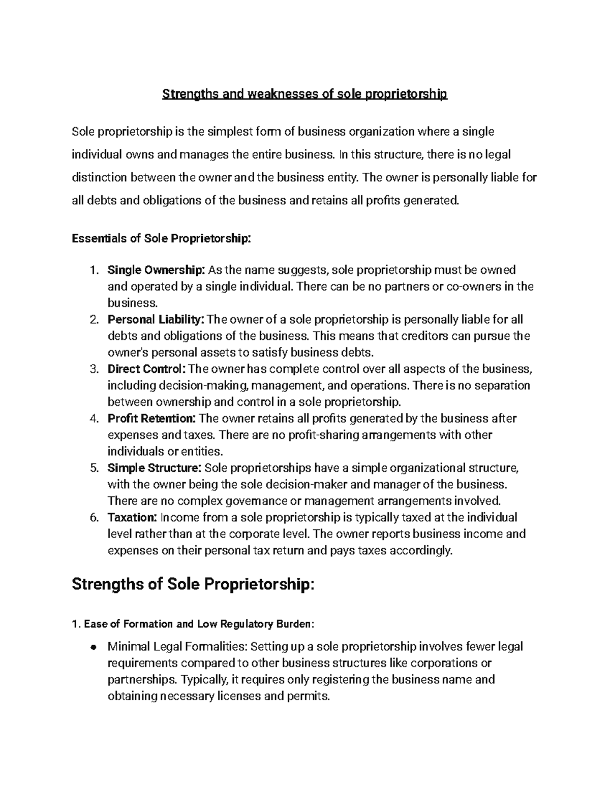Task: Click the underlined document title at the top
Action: (304, 94)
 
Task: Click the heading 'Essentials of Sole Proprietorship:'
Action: (161, 238)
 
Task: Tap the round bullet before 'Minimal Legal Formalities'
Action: (93, 647)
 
